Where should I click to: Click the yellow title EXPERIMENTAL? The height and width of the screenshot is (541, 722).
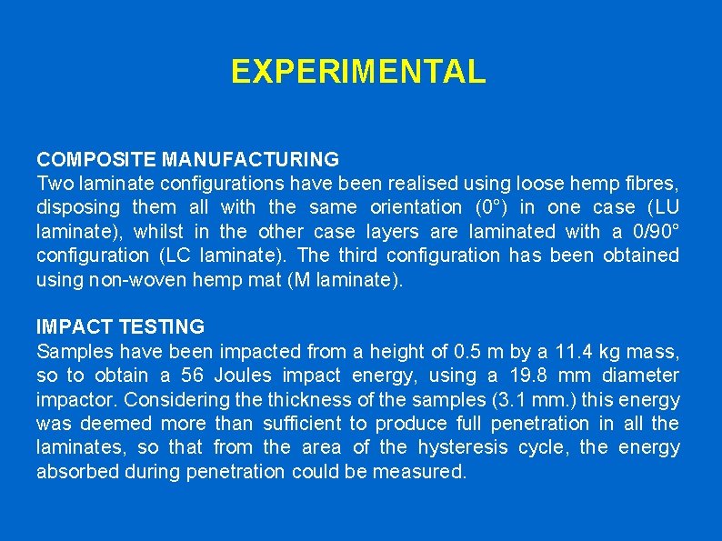(x=358, y=71)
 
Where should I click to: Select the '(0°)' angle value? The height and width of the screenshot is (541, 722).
(x=486, y=207)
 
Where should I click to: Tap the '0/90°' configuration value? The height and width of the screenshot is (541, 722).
(x=653, y=231)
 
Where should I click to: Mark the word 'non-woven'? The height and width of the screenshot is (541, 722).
(x=140, y=279)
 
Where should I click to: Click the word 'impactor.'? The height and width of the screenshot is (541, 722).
(x=76, y=399)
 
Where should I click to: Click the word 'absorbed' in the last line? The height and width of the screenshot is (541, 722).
(x=76, y=471)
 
